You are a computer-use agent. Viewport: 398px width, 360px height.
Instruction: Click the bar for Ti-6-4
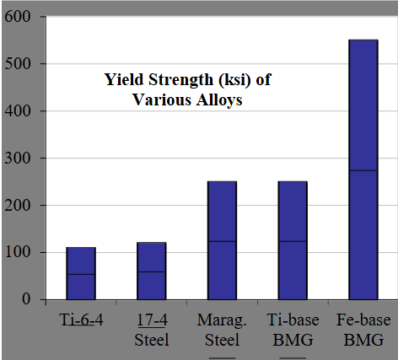81,273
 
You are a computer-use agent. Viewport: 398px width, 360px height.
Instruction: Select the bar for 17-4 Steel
152,271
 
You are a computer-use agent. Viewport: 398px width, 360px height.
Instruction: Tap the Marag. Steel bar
223,240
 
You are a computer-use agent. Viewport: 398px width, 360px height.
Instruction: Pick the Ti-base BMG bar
293,240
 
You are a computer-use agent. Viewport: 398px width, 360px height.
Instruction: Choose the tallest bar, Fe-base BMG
363,169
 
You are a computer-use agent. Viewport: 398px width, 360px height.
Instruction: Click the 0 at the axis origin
29,300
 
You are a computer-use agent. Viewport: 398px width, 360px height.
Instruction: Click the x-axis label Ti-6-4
81,322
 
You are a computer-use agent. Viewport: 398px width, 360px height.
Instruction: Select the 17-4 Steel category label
152,330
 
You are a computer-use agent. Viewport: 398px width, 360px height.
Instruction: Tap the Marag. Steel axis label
223,330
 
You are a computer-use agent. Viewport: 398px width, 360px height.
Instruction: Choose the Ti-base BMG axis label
293,330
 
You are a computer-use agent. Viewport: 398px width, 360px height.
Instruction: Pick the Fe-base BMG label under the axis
363,330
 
